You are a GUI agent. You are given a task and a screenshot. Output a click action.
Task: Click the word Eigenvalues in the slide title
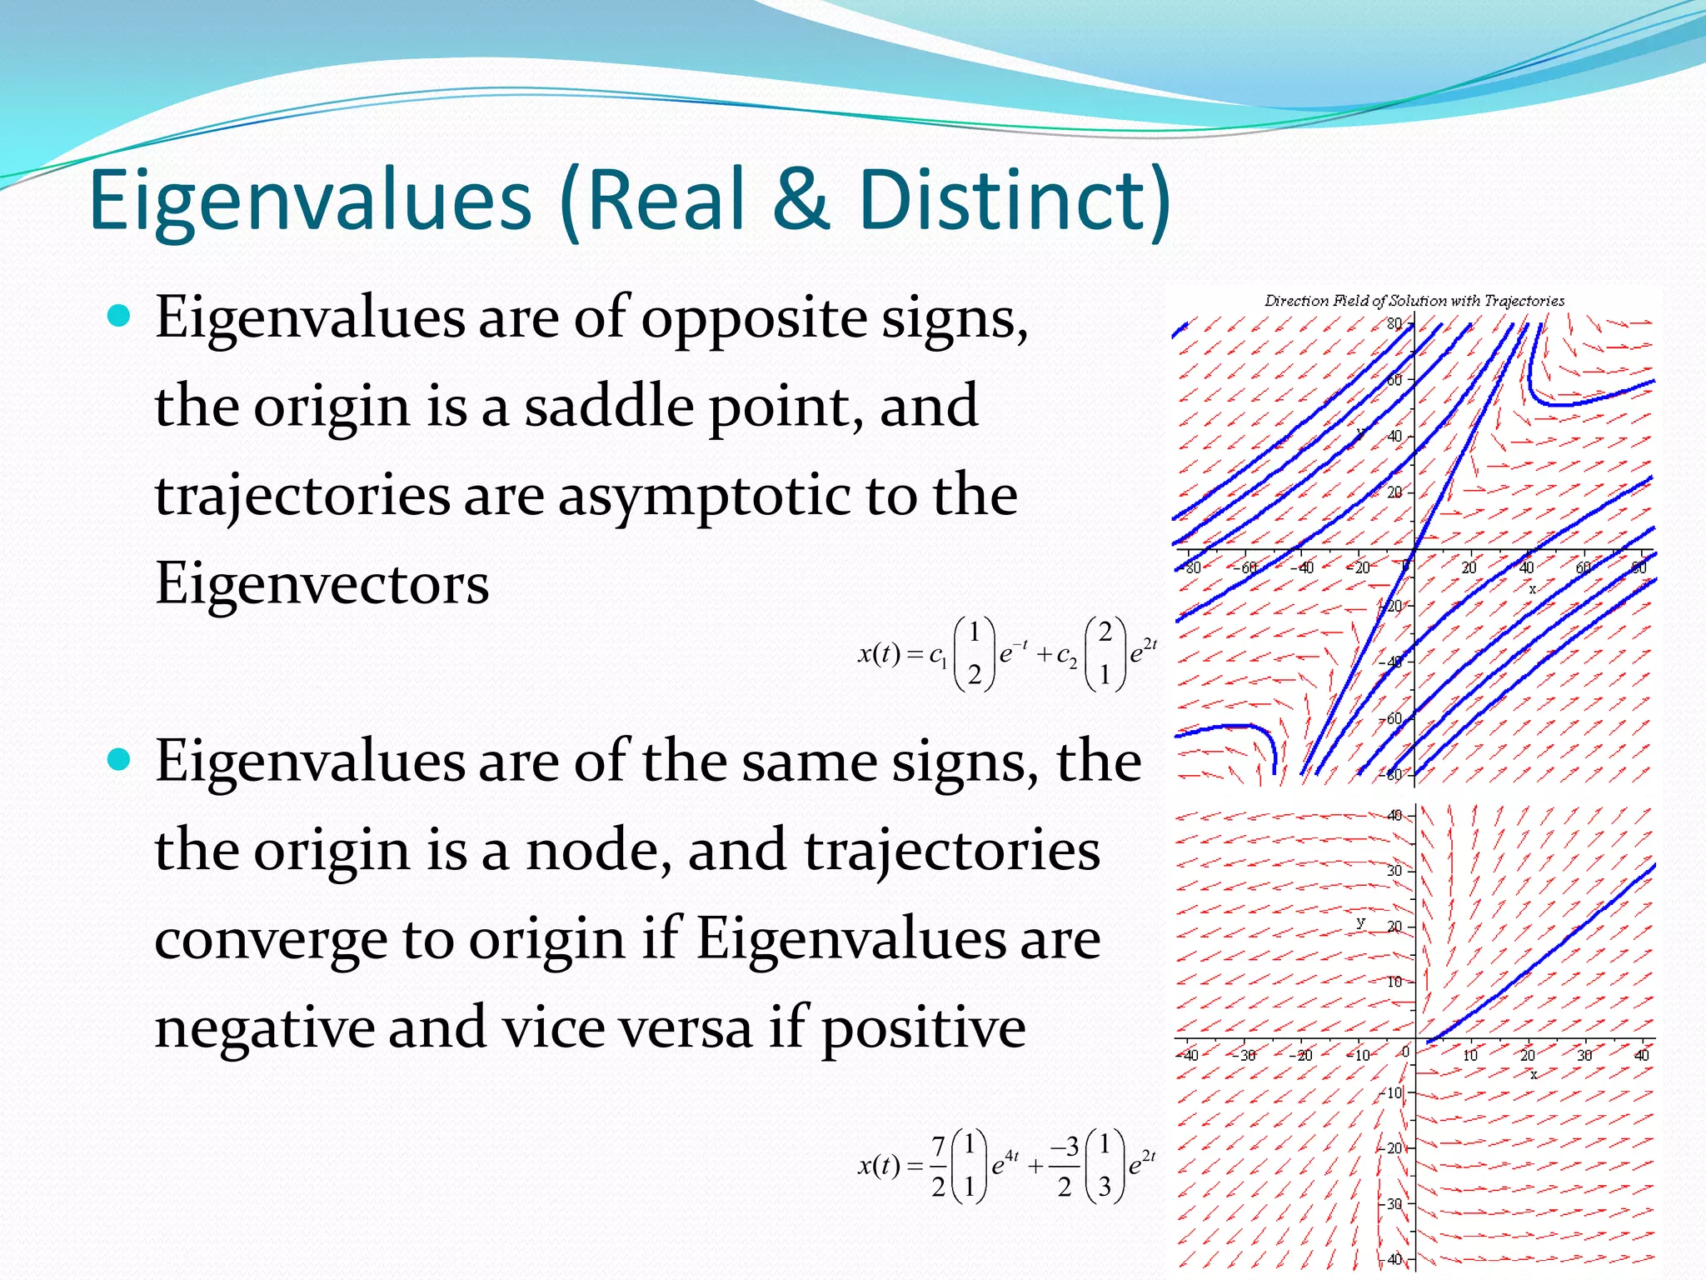[x=310, y=202]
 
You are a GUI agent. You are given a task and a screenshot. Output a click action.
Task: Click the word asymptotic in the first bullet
[x=705, y=495]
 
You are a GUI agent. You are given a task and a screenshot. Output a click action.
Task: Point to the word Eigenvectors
[x=322, y=583]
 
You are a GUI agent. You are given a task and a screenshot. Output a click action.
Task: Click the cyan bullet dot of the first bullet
[x=120, y=316]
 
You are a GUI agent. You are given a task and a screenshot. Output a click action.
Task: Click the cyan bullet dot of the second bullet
[x=120, y=759]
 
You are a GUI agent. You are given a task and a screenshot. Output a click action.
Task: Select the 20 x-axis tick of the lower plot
[x=1527, y=1055]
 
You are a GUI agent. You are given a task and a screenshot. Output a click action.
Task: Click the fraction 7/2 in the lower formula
[x=938, y=1165]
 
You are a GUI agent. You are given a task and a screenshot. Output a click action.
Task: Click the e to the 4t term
[x=1005, y=1163]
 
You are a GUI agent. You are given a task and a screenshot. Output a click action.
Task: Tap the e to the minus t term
[x=1013, y=652]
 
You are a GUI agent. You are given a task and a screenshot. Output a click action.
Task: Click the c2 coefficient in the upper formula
[x=1066, y=656]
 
